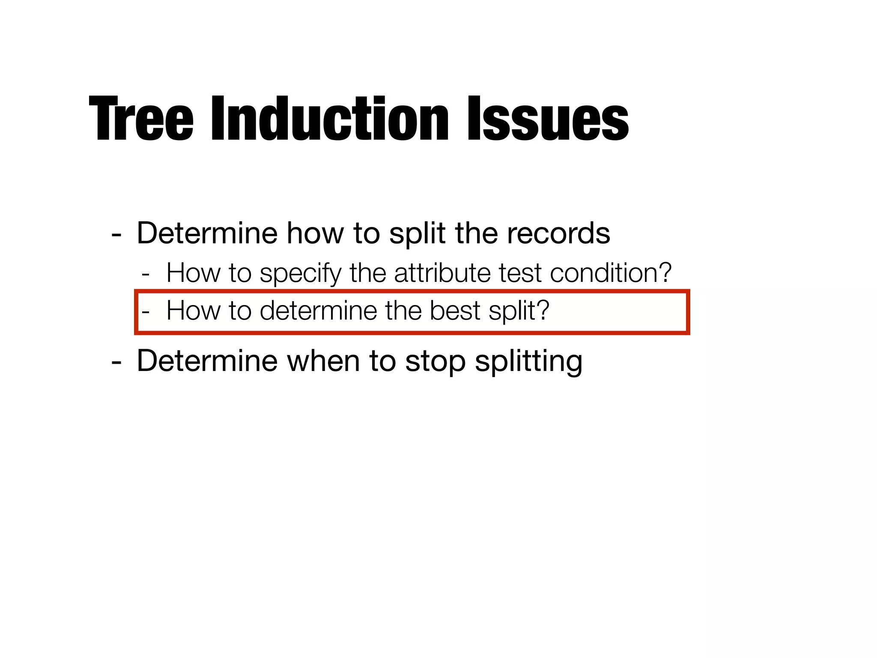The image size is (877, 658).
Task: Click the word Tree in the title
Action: click(x=141, y=119)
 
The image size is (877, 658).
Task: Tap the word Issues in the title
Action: click(x=548, y=119)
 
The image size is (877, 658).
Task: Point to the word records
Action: click(x=558, y=233)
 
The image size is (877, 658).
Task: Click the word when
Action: click(x=323, y=361)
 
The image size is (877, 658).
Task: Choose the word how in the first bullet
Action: click(x=315, y=233)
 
